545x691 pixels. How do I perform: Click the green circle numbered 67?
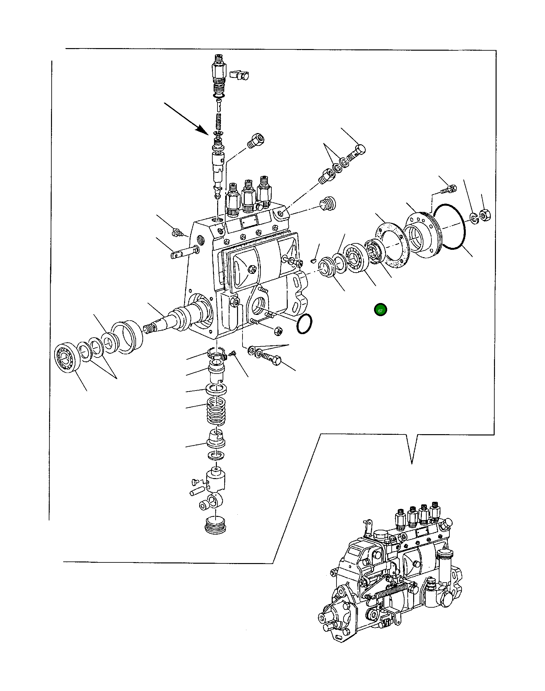[x=380, y=310]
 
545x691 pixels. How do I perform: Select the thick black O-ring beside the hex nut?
[x=304, y=324]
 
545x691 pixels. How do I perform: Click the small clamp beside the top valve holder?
[x=240, y=75]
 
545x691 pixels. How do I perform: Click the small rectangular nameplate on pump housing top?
[x=249, y=221]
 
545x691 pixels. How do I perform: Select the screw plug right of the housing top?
[x=328, y=203]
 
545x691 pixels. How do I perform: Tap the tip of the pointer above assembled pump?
[x=412, y=463]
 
